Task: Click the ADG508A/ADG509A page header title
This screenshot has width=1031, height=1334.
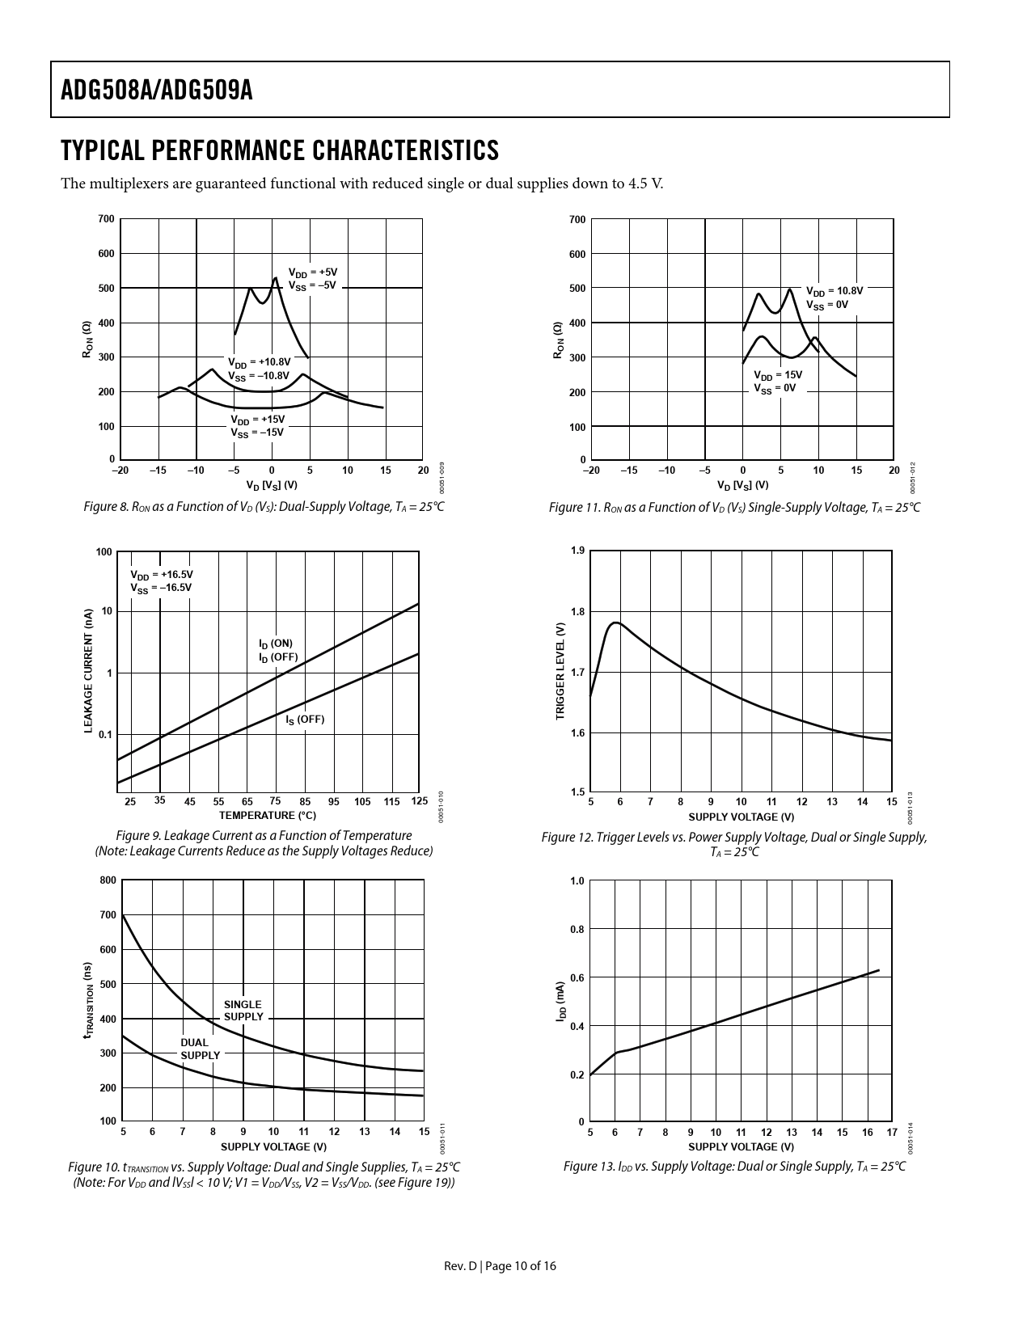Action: pyautogui.click(x=157, y=91)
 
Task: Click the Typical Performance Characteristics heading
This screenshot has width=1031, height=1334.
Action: pyautogui.click(x=280, y=150)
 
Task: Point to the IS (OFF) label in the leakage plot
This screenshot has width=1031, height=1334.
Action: pyautogui.click(x=305, y=720)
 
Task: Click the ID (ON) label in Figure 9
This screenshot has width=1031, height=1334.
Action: pyautogui.click(x=276, y=644)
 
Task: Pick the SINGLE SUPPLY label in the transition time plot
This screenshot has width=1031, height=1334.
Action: pyautogui.click(x=243, y=1011)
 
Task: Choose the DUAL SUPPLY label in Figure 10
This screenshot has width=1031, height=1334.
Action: pyautogui.click(x=199, y=1049)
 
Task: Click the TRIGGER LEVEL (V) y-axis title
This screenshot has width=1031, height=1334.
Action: pyautogui.click(x=560, y=671)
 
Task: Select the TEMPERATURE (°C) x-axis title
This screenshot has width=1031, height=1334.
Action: pyautogui.click(x=267, y=816)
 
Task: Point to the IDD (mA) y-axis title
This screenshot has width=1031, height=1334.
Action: pyautogui.click(x=560, y=1002)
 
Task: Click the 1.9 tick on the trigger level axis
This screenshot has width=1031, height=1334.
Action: pyautogui.click(x=577, y=551)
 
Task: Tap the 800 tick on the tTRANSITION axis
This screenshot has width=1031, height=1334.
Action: pyautogui.click(x=108, y=880)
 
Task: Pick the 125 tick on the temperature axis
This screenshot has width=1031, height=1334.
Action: pyautogui.click(x=419, y=801)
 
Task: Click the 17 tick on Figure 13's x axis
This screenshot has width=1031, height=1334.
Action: pyautogui.click(x=892, y=1133)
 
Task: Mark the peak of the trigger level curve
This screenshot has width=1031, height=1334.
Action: pyautogui.click(x=616, y=623)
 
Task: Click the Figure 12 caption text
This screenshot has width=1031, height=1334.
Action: pyautogui.click(x=733, y=844)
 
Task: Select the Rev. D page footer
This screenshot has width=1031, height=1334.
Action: pyautogui.click(x=500, y=1266)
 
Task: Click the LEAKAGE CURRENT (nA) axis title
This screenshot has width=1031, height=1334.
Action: pyautogui.click(x=89, y=671)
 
